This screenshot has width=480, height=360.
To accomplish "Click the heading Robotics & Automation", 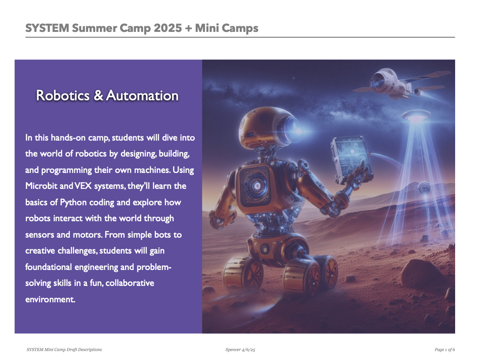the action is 107,96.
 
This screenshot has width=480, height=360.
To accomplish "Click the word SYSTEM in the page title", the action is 47,28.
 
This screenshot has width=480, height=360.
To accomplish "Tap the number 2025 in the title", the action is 168,28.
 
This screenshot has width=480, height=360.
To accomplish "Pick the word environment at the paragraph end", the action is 50,300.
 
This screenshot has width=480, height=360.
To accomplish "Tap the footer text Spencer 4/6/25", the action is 240,350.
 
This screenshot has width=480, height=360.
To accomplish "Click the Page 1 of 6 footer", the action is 444,350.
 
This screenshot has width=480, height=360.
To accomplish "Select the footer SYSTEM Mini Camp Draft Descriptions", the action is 64,350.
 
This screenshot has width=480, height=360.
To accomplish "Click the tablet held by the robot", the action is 351,159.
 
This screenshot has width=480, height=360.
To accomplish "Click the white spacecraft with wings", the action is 398,82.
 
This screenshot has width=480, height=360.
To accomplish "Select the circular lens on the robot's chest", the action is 256,186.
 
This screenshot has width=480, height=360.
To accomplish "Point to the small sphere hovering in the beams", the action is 425,188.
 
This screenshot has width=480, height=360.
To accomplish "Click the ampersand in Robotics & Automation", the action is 98,96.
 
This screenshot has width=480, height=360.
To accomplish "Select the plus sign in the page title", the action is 188,29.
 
